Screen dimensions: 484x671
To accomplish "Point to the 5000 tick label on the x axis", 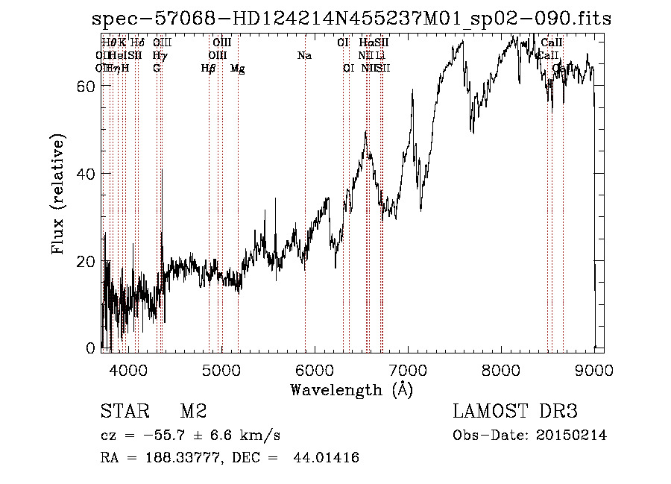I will pos(221,369).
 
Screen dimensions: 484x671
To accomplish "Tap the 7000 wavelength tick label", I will pos(408,369).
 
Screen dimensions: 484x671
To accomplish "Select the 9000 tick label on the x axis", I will pos(594,369).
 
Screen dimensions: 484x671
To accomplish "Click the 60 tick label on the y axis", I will pos(85,87).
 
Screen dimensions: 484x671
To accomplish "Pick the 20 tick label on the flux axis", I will pos(85,262).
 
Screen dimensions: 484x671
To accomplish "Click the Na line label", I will pos(304,56).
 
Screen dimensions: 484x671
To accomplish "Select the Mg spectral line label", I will pos(237,69).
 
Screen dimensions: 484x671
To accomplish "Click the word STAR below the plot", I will pos(122,412).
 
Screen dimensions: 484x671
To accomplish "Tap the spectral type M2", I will pos(194,412).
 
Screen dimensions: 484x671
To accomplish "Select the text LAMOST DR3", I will pos(515,412).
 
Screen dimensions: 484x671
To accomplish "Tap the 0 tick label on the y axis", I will pos(90,348).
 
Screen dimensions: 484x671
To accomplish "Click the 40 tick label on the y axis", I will pos(85,174).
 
